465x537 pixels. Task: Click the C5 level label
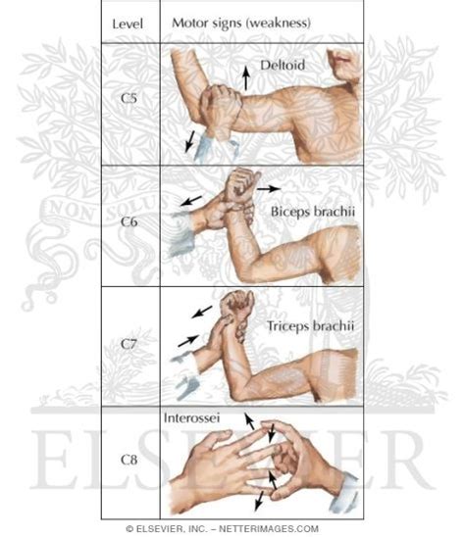click(x=129, y=98)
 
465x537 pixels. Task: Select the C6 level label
click(x=129, y=221)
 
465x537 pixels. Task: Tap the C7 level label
click(x=129, y=344)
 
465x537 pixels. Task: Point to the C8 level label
click(x=129, y=460)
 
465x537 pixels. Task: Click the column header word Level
click(x=128, y=24)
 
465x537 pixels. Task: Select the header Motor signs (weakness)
click(x=241, y=24)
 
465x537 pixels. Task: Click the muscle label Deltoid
click(x=283, y=65)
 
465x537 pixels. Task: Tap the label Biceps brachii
click(x=313, y=212)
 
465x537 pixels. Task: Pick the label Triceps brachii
click(x=310, y=325)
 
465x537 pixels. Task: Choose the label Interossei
click(x=191, y=418)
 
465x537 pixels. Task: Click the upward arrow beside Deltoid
click(x=245, y=78)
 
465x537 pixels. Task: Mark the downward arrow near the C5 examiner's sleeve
click(x=189, y=141)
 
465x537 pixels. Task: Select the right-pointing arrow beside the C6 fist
click(x=269, y=188)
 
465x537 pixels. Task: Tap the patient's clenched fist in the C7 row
click(x=236, y=303)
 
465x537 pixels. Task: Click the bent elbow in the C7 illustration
click(x=240, y=392)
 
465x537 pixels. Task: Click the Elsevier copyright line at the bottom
click(x=223, y=528)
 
